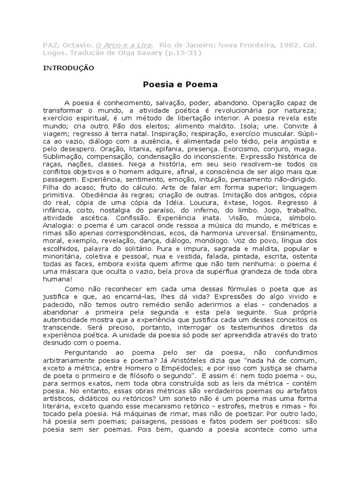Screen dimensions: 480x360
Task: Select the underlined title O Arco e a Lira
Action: click(x=124, y=45)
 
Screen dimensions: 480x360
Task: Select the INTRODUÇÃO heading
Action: click(x=68, y=68)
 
